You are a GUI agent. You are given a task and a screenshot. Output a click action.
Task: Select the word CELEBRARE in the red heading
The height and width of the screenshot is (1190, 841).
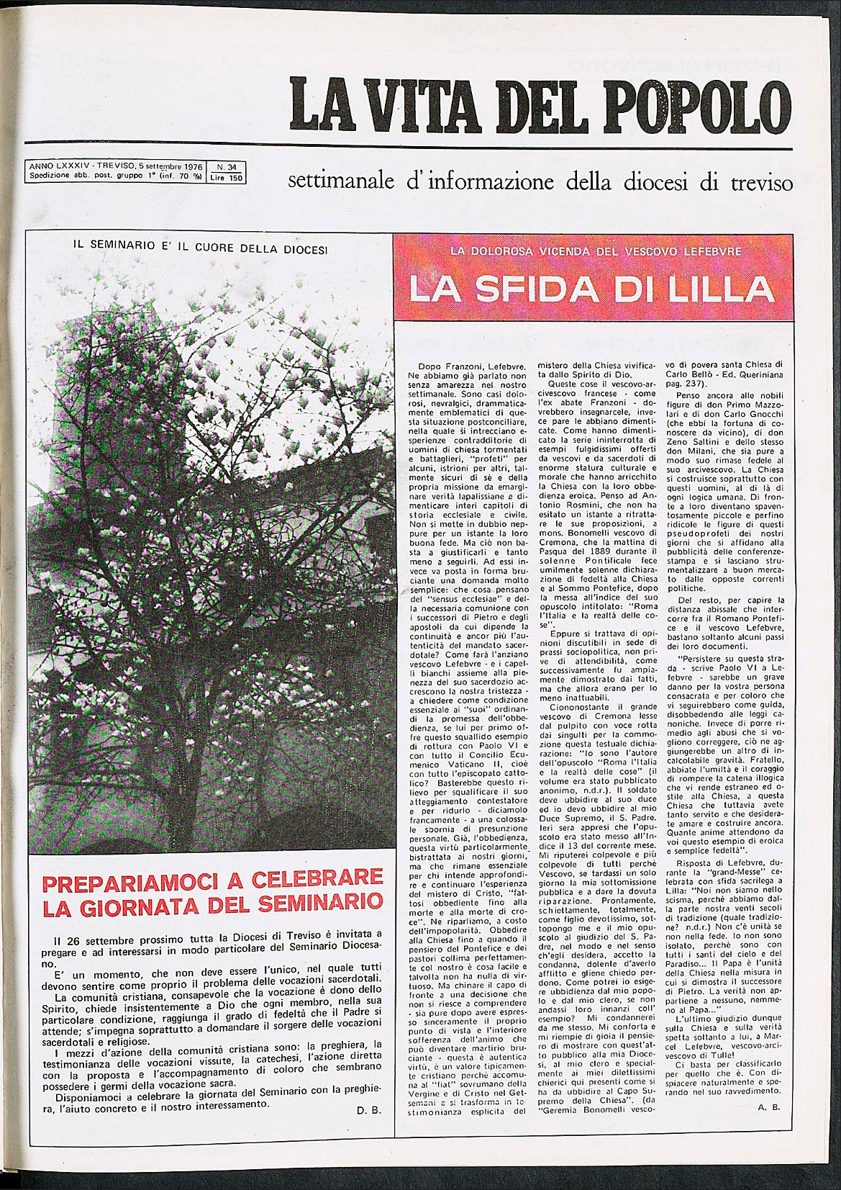pos(312,882)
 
